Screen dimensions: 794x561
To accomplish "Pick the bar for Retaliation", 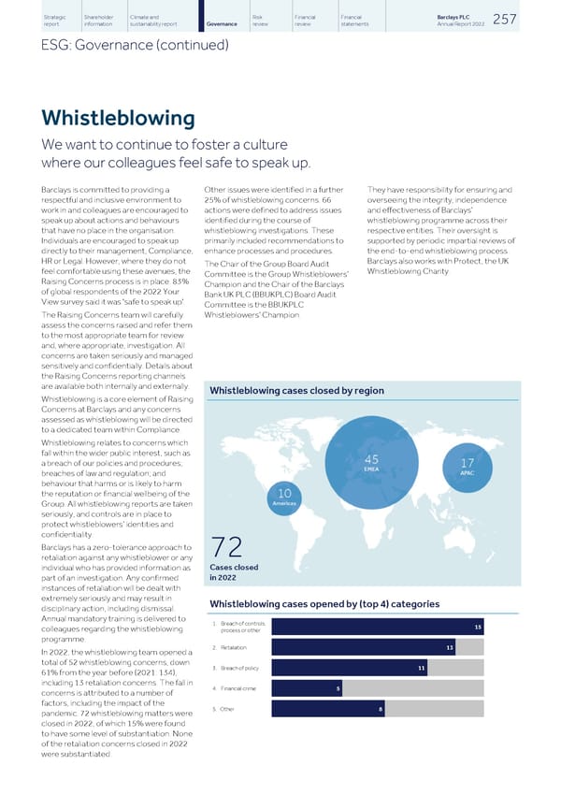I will [x=363, y=647].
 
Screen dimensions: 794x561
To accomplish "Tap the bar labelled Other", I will [x=328, y=711].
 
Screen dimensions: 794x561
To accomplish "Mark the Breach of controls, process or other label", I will [x=240, y=627].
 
